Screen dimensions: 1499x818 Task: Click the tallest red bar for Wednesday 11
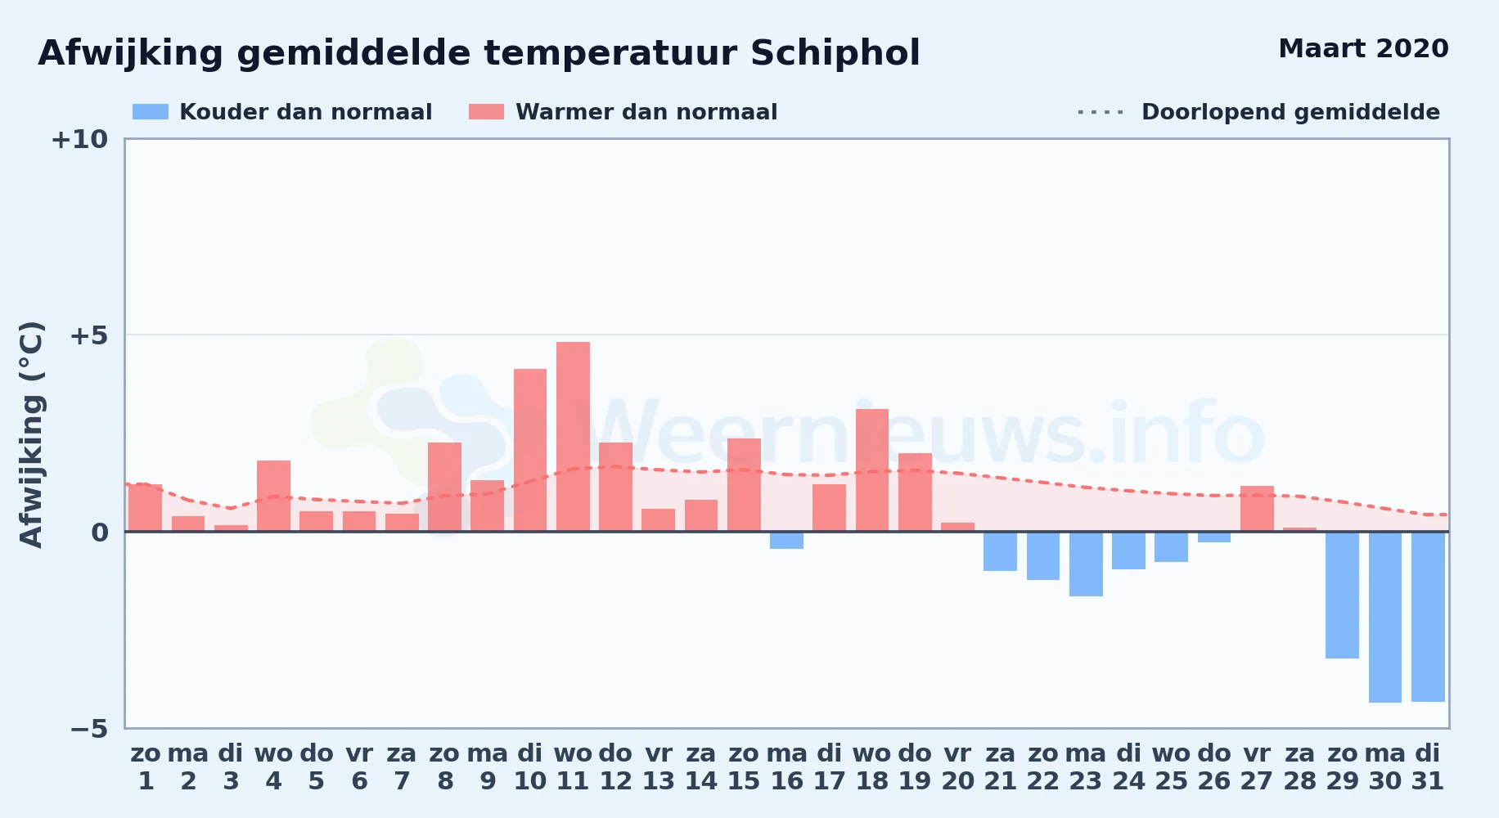point(573,437)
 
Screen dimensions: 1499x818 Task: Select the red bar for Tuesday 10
point(530,450)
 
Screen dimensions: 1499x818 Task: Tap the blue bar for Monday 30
point(1385,617)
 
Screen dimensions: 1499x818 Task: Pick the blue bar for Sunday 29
point(1342,595)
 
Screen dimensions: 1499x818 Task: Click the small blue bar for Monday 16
point(786,540)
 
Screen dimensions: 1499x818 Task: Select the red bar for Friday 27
point(1257,509)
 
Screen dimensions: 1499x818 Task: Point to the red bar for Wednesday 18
point(872,470)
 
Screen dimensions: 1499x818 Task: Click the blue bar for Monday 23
point(1086,564)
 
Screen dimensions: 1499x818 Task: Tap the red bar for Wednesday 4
point(273,496)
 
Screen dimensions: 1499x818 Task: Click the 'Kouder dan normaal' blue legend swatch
point(151,112)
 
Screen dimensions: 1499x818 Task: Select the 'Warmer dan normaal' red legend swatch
point(486,112)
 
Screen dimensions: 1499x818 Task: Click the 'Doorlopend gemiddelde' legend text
point(1290,112)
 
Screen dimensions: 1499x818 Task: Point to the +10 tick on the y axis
point(79,139)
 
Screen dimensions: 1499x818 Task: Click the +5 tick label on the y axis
point(88,335)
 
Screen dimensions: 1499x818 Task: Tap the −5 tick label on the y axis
point(88,728)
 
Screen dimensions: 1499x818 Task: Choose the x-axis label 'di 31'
point(1428,767)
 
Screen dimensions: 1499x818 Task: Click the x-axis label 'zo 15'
point(744,767)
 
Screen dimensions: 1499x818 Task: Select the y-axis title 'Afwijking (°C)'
point(31,434)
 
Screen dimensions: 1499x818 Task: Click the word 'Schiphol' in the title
point(835,54)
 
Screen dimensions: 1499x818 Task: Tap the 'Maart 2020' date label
point(1363,48)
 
